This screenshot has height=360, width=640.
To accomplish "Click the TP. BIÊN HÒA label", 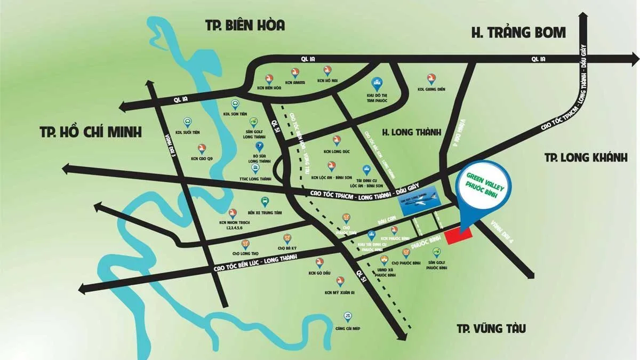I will pos(245,25).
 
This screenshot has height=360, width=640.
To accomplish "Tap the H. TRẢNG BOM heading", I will pos(518,33).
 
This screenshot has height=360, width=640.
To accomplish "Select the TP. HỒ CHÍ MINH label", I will pos(91,132).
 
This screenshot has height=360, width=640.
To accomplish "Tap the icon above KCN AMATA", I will pos(295,72).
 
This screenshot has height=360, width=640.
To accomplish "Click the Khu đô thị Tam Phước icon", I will pos(375,83).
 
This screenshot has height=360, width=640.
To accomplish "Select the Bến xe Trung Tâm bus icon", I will pos(264,202).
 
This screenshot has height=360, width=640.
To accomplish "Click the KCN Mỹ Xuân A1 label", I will pos(339,292).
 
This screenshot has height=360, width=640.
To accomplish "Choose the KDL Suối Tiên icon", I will pos(187,122).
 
